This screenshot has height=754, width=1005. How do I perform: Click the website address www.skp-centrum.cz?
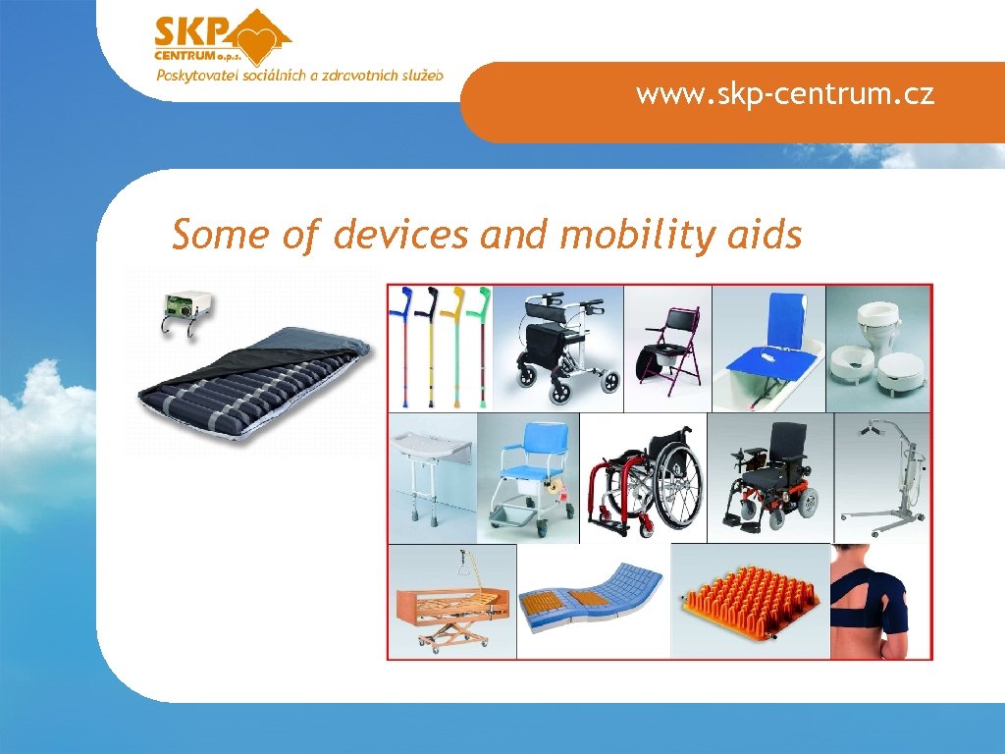click(784, 94)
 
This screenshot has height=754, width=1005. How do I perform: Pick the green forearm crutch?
click(483, 344)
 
